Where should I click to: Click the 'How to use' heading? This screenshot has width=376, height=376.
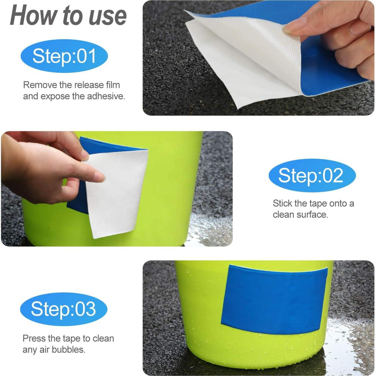click(x=68, y=16)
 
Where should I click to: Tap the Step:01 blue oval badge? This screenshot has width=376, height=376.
click(x=64, y=56)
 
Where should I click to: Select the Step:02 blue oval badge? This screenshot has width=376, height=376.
click(x=312, y=175)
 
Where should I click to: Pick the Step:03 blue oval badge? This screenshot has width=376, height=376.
click(x=64, y=309)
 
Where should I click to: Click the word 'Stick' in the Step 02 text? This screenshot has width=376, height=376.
click(x=282, y=203)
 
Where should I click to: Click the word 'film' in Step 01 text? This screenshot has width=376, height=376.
click(x=113, y=85)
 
